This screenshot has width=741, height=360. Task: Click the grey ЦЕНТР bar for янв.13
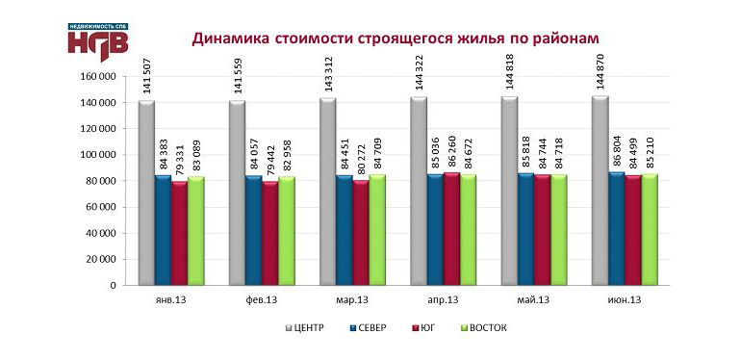(146, 193)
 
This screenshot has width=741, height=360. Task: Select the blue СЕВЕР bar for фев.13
(253, 230)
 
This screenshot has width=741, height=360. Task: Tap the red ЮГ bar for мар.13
(361, 232)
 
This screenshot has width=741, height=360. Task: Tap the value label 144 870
(600, 70)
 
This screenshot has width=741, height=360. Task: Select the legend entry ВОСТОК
(482, 328)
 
